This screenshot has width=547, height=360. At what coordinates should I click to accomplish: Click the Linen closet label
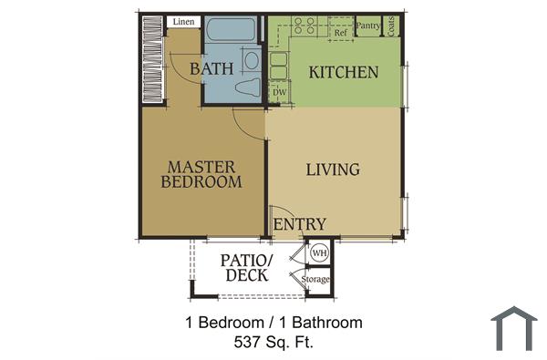click(x=182, y=22)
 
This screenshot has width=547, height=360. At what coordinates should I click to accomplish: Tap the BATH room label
click(x=212, y=67)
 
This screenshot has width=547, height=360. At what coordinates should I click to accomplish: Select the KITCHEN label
click(x=342, y=71)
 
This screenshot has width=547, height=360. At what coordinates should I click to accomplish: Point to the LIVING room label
click(x=333, y=169)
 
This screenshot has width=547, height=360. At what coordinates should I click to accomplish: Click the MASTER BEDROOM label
click(x=201, y=174)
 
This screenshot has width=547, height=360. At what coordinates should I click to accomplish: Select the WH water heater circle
click(x=320, y=252)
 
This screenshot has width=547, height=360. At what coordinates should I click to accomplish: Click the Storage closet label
click(x=316, y=279)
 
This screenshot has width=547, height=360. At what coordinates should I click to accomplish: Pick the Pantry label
click(x=368, y=26)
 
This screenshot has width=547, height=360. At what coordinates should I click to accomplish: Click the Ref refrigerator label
click(x=340, y=33)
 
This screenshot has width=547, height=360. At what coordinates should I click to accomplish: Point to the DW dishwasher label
click(x=279, y=92)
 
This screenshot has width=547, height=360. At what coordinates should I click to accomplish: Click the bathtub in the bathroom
click(x=233, y=30)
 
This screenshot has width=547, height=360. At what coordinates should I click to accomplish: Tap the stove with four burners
click(x=304, y=26)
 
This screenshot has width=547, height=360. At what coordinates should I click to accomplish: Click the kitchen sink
click(x=277, y=66)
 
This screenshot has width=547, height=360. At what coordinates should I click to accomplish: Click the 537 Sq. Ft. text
click(x=273, y=343)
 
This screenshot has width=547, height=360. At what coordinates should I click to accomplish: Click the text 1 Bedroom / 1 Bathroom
click(x=273, y=323)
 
